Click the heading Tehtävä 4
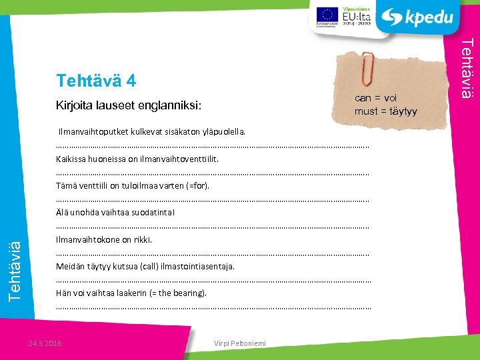click(x=97, y=81)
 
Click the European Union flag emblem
click(x=325, y=14)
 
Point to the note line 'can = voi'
click(x=375, y=98)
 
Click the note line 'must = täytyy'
click(x=385, y=111)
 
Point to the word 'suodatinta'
click(x=155, y=213)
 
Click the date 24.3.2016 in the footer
click(x=45, y=343)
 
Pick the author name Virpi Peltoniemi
click(x=240, y=343)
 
